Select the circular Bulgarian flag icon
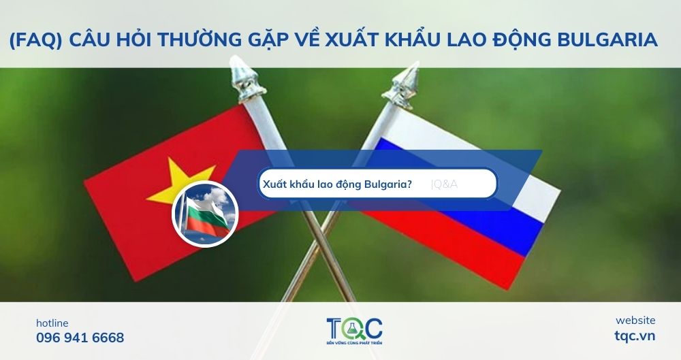204,213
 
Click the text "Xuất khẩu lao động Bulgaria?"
337,183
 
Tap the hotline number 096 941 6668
80,338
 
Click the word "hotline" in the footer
52,323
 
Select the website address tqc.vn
635,336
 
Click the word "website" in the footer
635,320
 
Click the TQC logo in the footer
353,328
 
